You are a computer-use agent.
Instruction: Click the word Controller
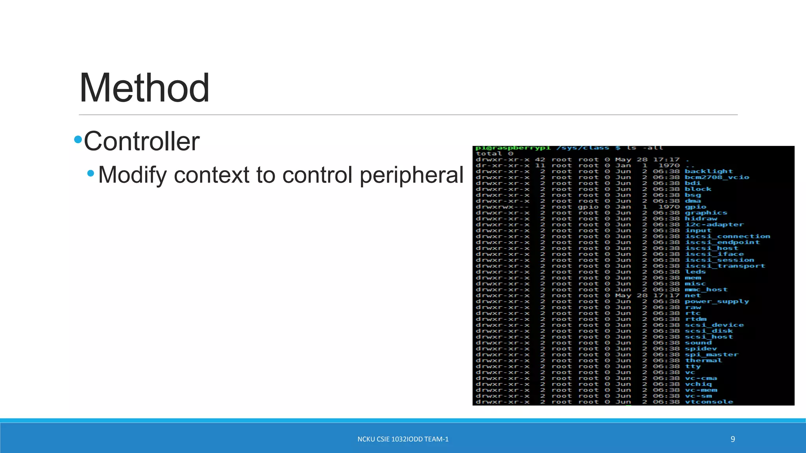[142, 141]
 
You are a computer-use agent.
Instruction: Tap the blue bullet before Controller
[78, 139]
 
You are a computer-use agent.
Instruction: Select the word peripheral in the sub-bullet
[412, 175]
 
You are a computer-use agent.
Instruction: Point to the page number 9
[732, 439]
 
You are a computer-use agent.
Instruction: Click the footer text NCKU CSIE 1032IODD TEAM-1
[403, 439]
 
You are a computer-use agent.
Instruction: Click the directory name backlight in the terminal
[708, 171]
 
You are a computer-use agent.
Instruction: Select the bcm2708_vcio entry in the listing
[717, 177]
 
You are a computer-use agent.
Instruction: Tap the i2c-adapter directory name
[714, 225]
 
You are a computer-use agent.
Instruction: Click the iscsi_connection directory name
[727, 236]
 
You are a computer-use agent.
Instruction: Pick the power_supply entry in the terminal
[717, 302]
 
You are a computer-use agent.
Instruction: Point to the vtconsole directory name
[708, 402]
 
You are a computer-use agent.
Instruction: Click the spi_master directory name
[712, 355]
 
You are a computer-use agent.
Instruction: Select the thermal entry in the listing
[703, 361]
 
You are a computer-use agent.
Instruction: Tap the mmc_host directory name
[706, 290]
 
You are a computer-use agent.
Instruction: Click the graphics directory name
[706, 213]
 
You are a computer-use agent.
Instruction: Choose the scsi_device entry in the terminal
[714, 325]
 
